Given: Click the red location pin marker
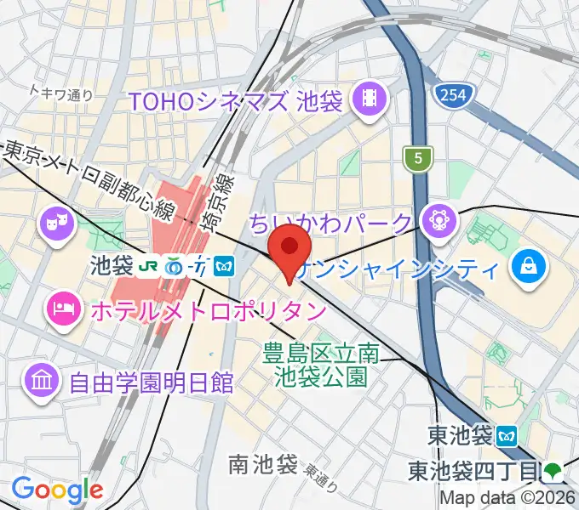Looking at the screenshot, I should [289, 248].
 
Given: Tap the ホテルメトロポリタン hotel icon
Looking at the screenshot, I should [62, 303].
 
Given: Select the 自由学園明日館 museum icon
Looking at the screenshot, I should [43, 378].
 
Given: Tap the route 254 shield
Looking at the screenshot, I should [453, 95].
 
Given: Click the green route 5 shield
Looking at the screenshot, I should [419, 157].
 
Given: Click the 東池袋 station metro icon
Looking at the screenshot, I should [508, 437].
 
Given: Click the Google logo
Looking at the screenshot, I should [57, 490].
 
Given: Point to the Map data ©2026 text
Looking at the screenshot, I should [510, 499].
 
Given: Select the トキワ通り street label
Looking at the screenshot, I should [60, 93].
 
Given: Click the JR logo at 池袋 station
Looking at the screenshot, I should [150, 266].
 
